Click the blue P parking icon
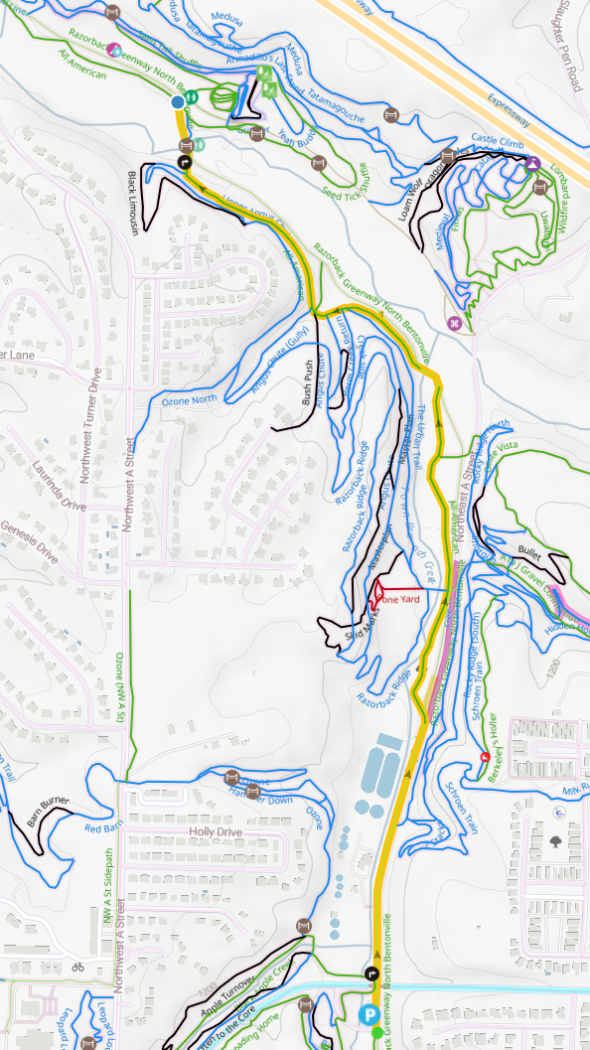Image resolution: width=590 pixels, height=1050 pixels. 369,1014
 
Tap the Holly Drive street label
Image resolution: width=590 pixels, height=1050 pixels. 216,831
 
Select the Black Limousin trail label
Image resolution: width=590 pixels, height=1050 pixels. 132,202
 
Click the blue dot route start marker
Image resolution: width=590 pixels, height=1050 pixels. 178,102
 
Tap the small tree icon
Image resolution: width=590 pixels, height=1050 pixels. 554,840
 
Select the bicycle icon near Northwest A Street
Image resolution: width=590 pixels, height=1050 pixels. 77,966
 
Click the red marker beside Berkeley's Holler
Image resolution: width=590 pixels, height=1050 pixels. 485,757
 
